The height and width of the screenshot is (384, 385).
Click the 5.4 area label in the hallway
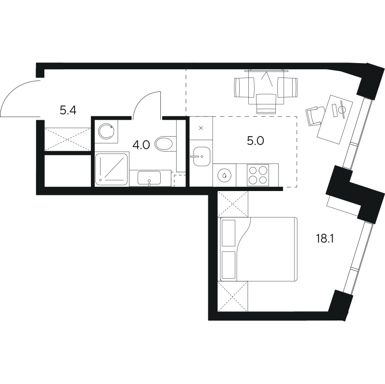[x=68, y=111]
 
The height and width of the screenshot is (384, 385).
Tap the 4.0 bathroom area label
[x=141, y=145]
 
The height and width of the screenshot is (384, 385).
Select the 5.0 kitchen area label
[x=256, y=141]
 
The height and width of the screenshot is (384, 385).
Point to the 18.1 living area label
[x=324, y=238]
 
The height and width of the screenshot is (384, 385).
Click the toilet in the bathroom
[x=164, y=143]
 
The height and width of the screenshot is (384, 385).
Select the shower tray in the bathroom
[x=112, y=169]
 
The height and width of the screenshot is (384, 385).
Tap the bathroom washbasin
[x=149, y=178]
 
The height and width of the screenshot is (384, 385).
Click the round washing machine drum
[x=106, y=131]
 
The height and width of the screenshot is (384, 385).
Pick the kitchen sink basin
[x=202, y=156]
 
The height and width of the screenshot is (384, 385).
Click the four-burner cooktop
[x=258, y=175]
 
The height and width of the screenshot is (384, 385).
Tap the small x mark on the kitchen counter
[x=201, y=128]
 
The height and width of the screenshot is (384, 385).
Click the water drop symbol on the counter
[x=224, y=175]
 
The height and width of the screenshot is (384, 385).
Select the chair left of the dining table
[x=244, y=88]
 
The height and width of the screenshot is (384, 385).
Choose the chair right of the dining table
[x=287, y=88]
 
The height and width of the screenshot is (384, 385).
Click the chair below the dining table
[x=266, y=103]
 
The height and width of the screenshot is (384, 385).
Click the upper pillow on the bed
[x=228, y=233]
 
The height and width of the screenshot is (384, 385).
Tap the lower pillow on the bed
[x=228, y=265]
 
